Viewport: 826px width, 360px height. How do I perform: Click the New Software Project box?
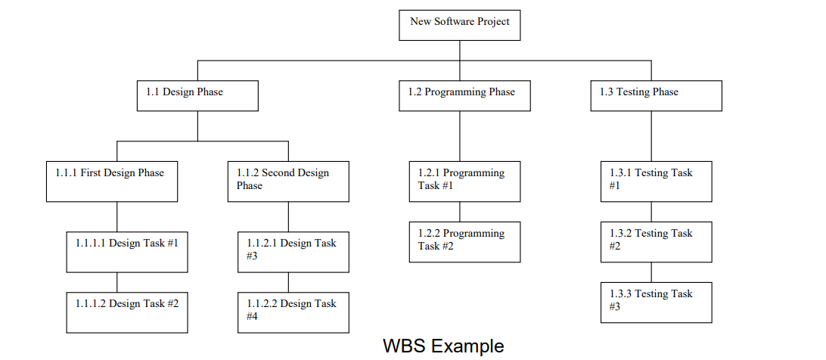pyautogui.click(x=460, y=25)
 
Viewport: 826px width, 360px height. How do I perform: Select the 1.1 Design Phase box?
pyautogui.click(x=197, y=96)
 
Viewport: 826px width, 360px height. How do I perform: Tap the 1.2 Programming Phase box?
pyautogui.click(x=464, y=96)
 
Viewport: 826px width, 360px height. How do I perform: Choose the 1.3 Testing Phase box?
pyautogui.click(x=656, y=96)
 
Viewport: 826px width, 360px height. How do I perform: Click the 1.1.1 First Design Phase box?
pyautogui.click(x=112, y=182)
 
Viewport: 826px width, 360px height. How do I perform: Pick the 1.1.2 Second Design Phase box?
pyautogui.click(x=288, y=182)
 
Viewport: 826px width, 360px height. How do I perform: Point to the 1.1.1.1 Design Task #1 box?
pyautogui.click(x=127, y=252)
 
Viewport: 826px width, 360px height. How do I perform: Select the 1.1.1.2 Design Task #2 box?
pyautogui.click(x=127, y=312)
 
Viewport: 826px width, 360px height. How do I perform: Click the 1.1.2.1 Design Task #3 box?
pyautogui.click(x=293, y=252)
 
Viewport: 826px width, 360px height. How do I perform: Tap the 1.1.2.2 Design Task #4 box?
pyautogui.click(x=293, y=312)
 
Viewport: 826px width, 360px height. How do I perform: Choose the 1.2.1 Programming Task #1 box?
pyautogui.click(x=464, y=182)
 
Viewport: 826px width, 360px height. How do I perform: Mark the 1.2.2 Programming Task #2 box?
pyautogui.click(x=464, y=242)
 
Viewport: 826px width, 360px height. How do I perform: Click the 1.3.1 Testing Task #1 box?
pyautogui.click(x=656, y=182)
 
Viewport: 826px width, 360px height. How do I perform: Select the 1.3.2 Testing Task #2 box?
pyautogui.click(x=656, y=242)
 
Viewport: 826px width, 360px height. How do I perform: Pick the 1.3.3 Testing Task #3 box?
pyautogui.click(x=656, y=303)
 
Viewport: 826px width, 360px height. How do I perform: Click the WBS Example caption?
pyautogui.click(x=442, y=346)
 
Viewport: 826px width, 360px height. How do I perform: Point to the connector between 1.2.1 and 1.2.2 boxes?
pyautogui.click(x=460, y=212)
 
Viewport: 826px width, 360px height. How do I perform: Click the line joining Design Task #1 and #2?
pyautogui.click(x=116, y=282)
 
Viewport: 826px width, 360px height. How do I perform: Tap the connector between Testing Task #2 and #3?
pyautogui.click(x=651, y=272)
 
